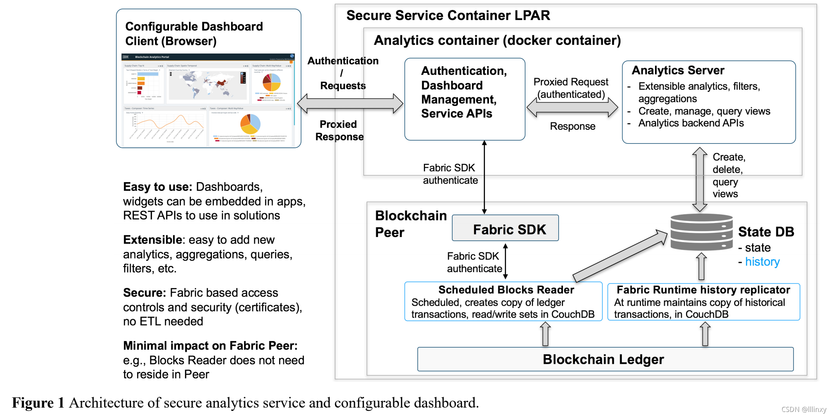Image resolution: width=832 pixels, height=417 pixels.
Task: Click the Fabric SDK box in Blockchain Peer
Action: pos(505,228)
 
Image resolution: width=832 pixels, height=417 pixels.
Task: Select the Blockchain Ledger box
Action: pos(605,359)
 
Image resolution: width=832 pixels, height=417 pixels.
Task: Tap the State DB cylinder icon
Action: pos(701,232)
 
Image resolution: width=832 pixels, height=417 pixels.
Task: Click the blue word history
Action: pos(762,262)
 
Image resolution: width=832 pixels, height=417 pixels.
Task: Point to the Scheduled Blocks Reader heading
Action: pos(506,290)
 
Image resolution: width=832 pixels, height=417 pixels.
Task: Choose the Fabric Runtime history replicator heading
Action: pos(703,290)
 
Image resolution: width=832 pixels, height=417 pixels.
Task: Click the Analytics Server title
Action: pos(678,70)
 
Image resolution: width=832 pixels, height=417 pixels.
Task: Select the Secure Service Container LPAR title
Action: pos(448,16)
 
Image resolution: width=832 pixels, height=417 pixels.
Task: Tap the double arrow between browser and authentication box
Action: pos(350,104)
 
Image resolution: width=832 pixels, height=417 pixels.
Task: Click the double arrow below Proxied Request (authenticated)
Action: pos(572,107)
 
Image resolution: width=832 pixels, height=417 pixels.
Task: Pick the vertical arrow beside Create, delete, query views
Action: pos(699,179)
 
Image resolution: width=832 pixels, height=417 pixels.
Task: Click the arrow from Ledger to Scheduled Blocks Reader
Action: pos(545,334)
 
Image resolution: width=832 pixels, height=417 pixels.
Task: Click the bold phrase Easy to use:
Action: pos(158,187)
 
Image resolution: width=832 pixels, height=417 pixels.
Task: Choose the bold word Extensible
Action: pos(152,240)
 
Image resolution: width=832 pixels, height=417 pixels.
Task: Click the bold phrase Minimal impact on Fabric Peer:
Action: pos(210,345)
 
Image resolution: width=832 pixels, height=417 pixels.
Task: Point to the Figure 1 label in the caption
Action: pos(38,403)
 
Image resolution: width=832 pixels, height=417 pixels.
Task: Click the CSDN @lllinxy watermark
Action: pos(804,409)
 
